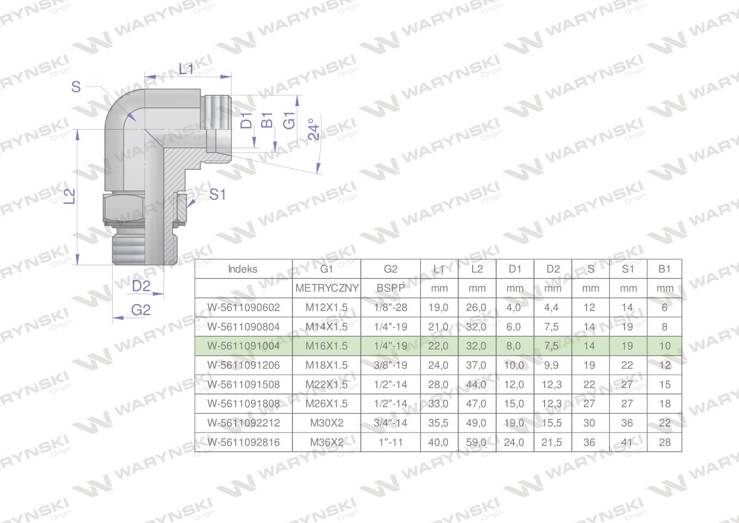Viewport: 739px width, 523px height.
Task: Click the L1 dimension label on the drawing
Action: pyautogui.click(x=186, y=69)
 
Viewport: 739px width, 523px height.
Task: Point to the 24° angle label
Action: pyautogui.click(x=314, y=129)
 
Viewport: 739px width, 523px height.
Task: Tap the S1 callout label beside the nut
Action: pyautogui.click(x=217, y=194)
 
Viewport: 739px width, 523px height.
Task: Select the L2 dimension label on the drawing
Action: pyautogui.click(x=70, y=196)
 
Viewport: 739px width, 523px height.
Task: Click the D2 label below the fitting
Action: pyautogui.click(x=141, y=286)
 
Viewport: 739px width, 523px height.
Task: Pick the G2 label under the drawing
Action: pyautogui.click(x=141, y=310)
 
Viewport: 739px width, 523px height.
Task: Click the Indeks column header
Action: pyautogui.click(x=242, y=269)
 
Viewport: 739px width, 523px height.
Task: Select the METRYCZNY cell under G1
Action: pyautogui.click(x=327, y=288)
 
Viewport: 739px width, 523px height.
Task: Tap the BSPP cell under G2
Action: pyautogui.click(x=390, y=288)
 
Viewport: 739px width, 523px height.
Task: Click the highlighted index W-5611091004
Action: pyautogui.click(x=243, y=346)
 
